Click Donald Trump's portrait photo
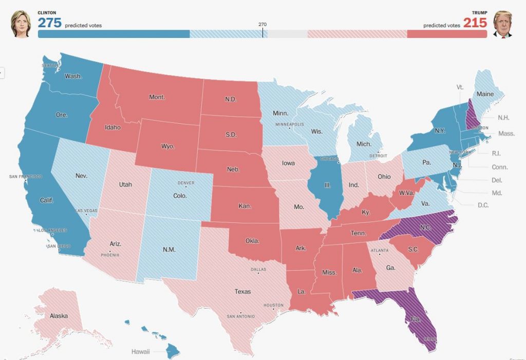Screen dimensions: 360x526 click(503, 24)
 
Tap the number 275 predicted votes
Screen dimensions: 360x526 click(49, 23)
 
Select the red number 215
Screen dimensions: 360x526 click(475, 23)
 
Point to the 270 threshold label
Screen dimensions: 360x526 click(262, 24)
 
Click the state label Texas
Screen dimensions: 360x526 click(243, 291)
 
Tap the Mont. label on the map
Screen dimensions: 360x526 click(156, 97)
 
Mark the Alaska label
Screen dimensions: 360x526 click(58, 316)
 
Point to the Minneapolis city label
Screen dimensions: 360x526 click(290, 124)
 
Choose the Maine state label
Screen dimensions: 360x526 click(485, 94)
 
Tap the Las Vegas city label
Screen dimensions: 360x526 click(87, 211)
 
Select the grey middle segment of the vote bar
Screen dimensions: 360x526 click(287, 34)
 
